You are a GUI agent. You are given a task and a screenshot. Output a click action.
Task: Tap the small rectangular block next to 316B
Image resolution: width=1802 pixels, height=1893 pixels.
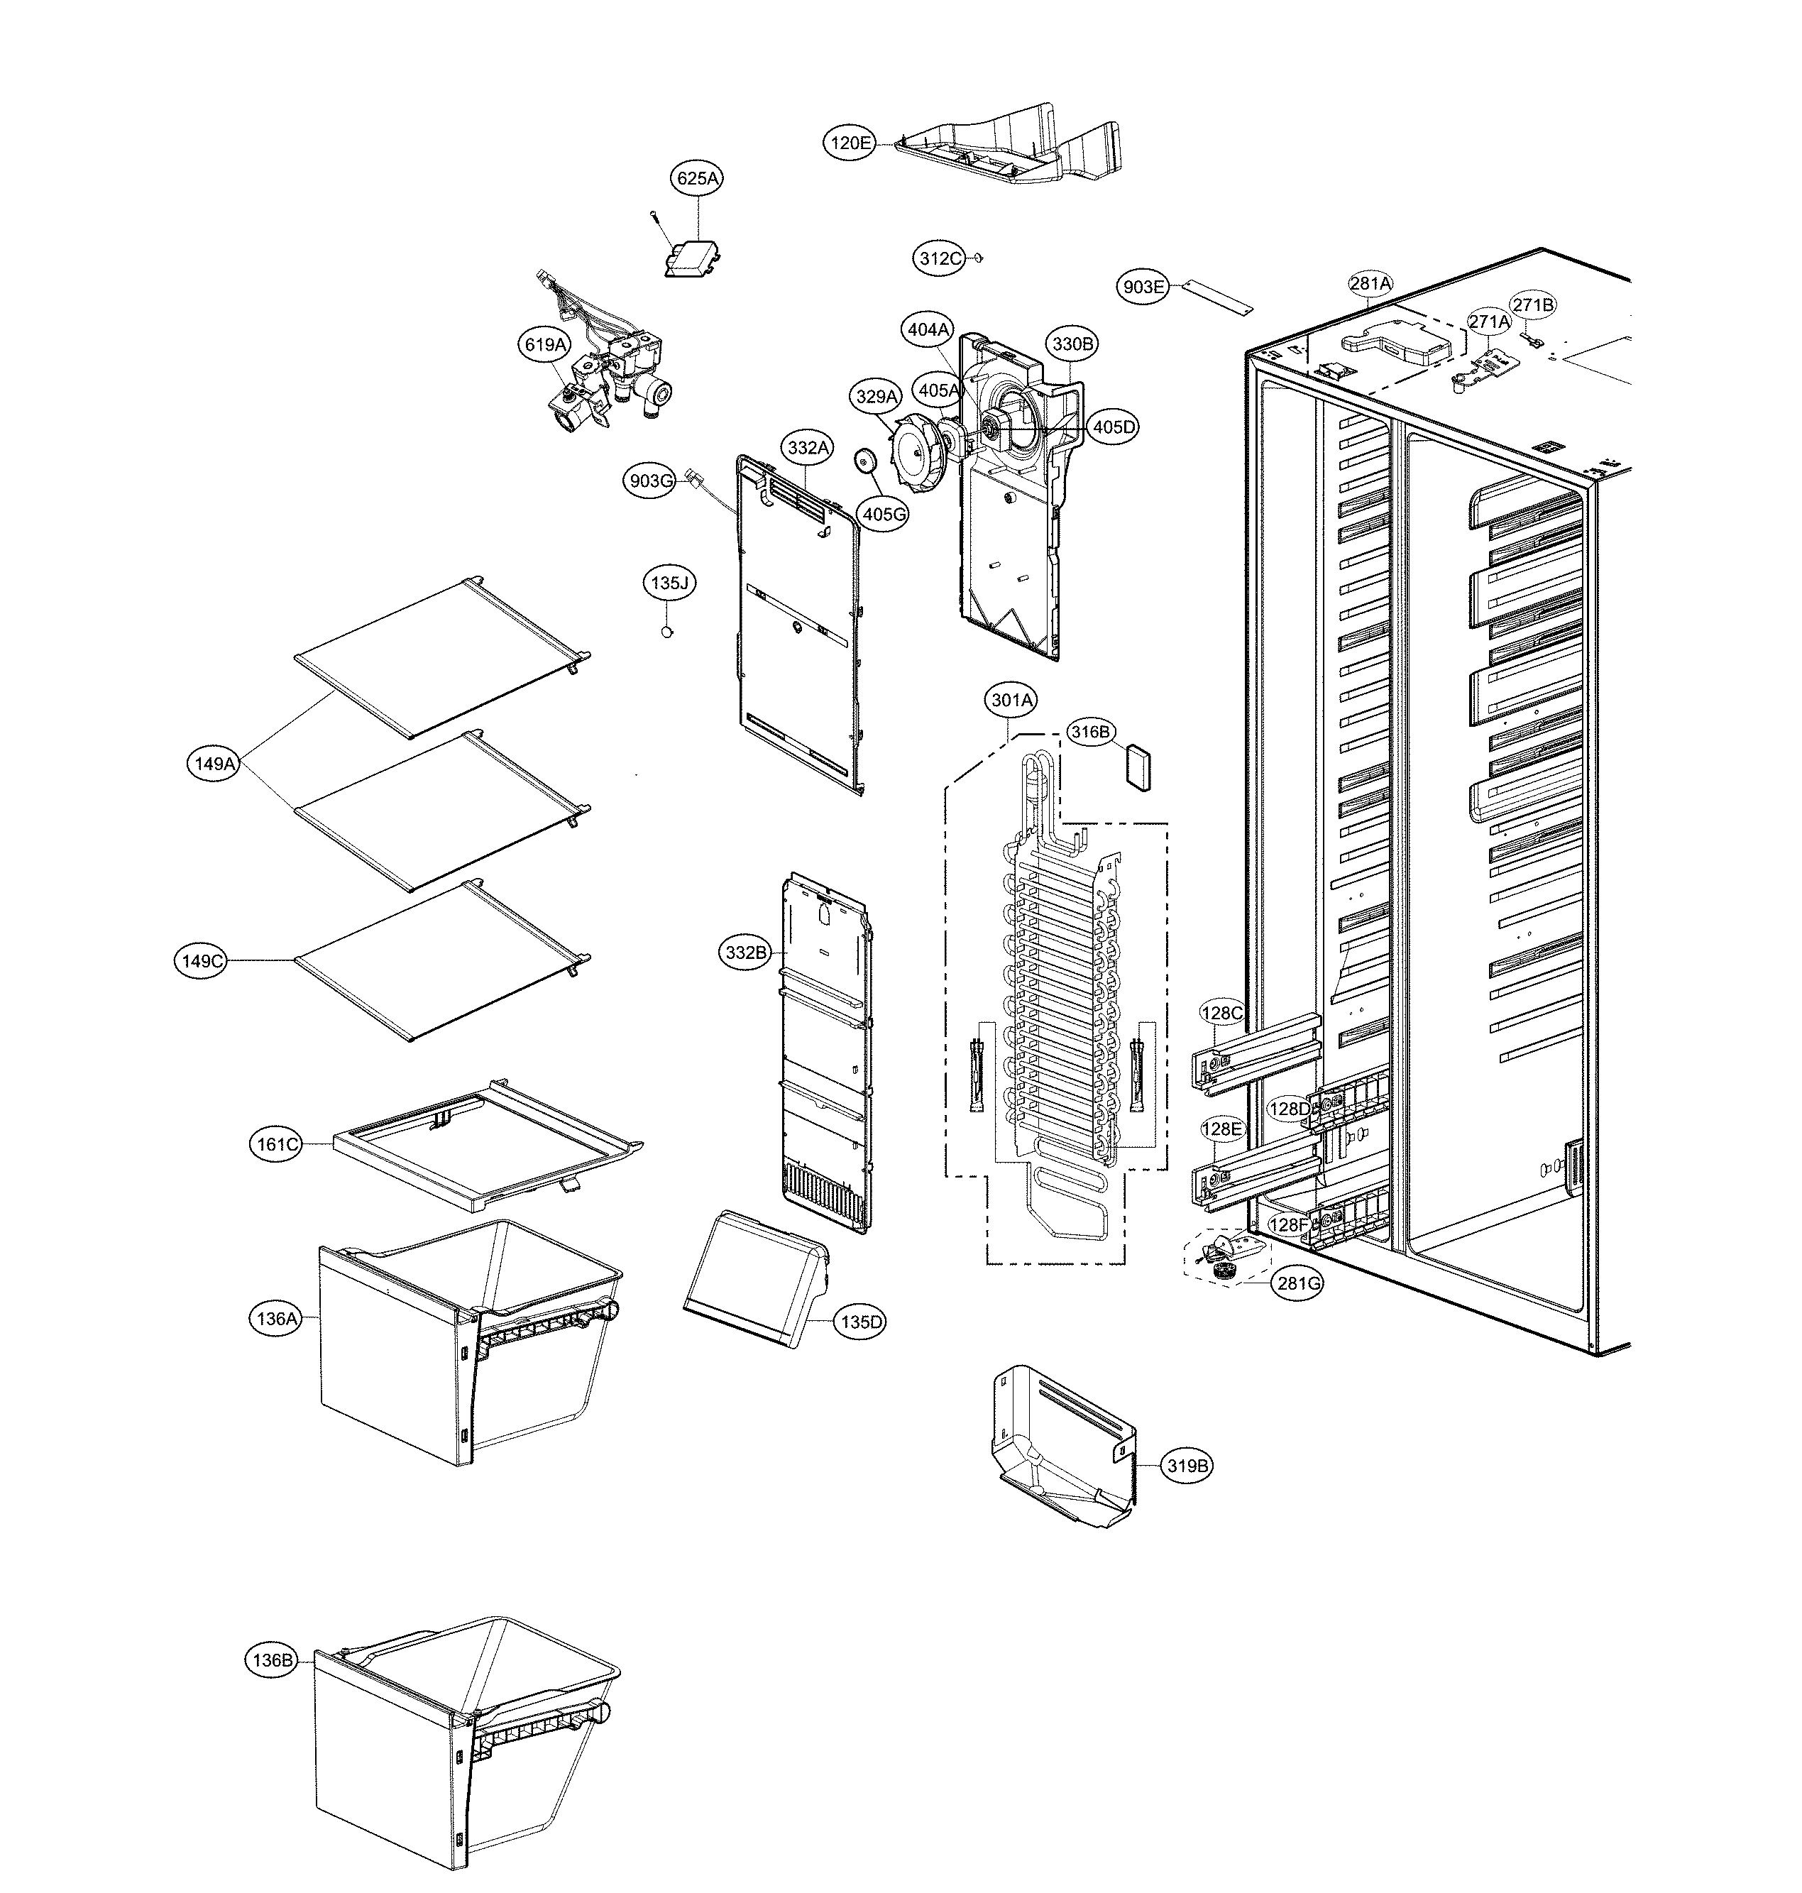point(1138,767)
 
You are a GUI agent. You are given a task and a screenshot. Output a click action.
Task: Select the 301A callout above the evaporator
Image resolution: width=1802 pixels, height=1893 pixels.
point(1011,701)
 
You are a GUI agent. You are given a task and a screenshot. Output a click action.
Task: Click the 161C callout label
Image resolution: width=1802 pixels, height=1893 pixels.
point(277,1144)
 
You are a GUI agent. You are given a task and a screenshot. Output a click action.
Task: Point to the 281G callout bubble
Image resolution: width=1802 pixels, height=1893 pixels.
point(1297,1283)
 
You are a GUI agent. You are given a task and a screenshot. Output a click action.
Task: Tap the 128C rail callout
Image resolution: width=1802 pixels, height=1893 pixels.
point(1223,1014)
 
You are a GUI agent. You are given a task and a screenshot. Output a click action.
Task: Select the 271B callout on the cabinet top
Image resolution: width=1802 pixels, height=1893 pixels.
point(1532,305)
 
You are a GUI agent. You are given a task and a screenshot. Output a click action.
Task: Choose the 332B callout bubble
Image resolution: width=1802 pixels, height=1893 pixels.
point(747,953)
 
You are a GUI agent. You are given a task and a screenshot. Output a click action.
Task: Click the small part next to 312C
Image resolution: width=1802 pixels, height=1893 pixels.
point(978,258)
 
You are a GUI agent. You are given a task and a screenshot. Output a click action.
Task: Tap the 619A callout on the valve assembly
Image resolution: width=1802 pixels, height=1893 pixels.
point(544,344)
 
